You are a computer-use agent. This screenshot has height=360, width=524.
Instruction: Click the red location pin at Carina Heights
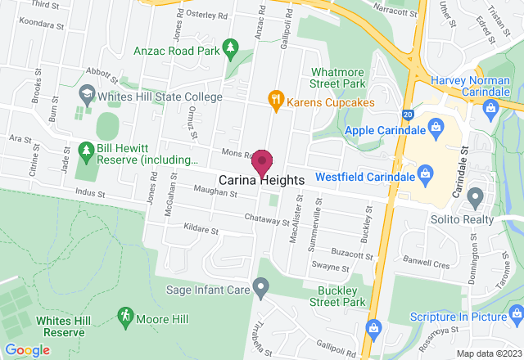click(x=262, y=161)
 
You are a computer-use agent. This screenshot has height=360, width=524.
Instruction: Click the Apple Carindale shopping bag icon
click(x=436, y=129)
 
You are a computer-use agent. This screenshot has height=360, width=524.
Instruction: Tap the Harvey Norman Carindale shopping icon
click(x=491, y=106)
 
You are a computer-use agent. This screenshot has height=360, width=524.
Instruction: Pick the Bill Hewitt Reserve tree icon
click(x=86, y=151)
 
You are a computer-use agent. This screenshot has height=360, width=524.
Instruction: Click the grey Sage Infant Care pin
click(x=260, y=287)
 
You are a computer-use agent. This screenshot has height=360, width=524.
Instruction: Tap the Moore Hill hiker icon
click(x=124, y=315)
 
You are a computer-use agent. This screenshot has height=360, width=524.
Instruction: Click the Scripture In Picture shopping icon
click(x=516, y=315)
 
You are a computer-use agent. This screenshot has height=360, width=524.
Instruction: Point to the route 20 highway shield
click(x=407, y=115)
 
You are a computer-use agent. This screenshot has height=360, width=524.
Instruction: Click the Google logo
click(x=26, y=350)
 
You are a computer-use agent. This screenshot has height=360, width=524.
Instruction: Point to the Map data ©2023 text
click(x=488, y=353)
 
